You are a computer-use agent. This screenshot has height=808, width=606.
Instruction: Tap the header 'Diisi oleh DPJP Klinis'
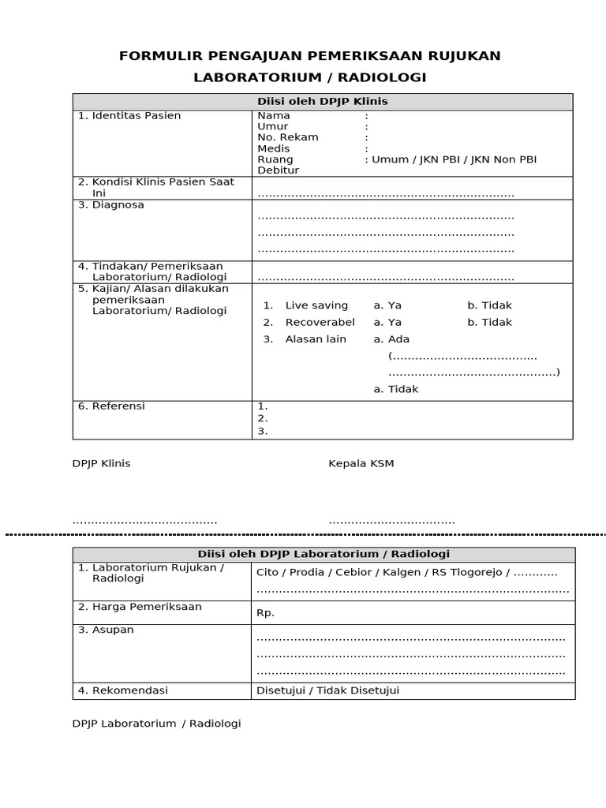click(x=322, y=102)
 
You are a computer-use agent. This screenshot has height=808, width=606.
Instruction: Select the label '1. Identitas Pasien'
click(x=129, y=116)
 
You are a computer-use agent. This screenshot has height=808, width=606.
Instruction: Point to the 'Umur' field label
click(x=273, y=126)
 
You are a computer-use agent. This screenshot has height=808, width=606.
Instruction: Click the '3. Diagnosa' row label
click(x=111, y=205)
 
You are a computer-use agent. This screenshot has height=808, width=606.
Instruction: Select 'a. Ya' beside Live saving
click(x=387, y=305)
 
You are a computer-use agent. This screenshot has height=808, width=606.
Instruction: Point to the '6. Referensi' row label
click(x=111, y=406)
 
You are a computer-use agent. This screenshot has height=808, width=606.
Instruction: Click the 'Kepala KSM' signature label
click(x=361, y=464)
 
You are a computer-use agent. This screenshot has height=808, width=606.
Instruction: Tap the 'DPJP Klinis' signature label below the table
click(x=101, y=464)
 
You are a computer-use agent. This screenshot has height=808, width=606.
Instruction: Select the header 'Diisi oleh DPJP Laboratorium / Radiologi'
click(x=324, y=555)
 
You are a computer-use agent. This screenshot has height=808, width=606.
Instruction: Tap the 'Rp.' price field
click(x=265, y=612)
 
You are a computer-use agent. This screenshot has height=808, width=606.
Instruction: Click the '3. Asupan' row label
click(x=106, y=630)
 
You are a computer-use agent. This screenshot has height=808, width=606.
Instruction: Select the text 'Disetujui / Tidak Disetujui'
click(x=328, y=691)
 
